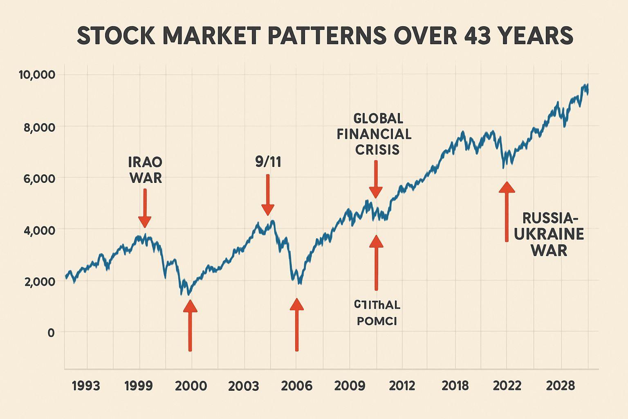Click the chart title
325,36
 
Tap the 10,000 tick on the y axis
37,75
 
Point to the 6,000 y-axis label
37,178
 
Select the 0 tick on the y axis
51,332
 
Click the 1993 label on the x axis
86,386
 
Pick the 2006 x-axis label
297,386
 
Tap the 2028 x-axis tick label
561,386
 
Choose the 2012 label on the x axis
401,386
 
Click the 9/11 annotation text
268,162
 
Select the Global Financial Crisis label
375,134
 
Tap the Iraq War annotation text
145,170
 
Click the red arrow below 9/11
268,195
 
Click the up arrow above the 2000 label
190,325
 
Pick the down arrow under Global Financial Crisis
376,179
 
